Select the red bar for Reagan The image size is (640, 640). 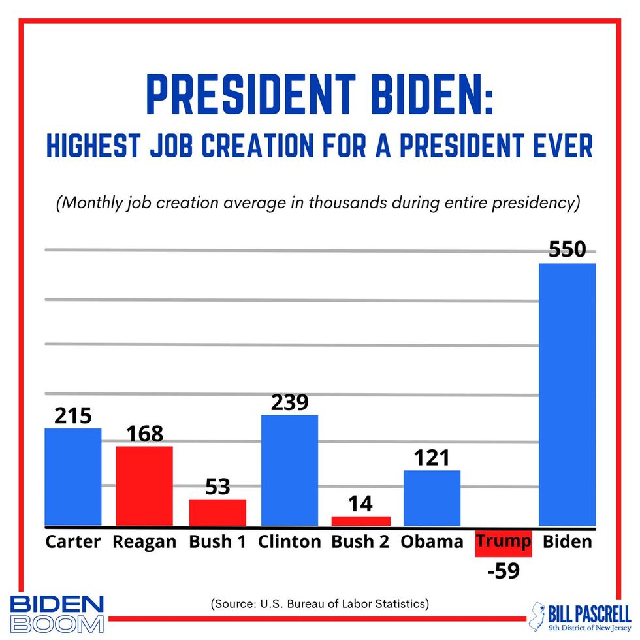click(144, 486)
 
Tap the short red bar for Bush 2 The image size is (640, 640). click(360, 521)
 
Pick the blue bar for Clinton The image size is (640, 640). click(289, 470)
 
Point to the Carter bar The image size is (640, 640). click(73, 477)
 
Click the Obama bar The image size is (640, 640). click(432, 498)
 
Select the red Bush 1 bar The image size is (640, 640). click(217, 513)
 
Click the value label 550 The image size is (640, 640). click(567, 250)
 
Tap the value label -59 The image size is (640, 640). click(503, 571)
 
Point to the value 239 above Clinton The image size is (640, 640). click(289, 402)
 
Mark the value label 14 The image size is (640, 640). click(360, 504)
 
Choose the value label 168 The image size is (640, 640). click(144, 434)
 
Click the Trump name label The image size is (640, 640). click(503, 542)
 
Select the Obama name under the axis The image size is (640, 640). click(432, 542)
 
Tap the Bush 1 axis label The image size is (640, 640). click(217, 542)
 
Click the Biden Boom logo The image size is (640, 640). click(57, 613)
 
